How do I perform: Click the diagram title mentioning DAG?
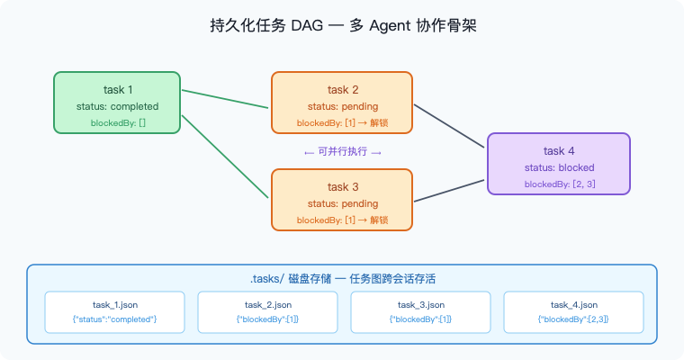pyautogui.click(x=342, y=26)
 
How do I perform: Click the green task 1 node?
pyautogui.click(x=117, y=105)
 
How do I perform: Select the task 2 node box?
pyautogui.click(x=342, y=105)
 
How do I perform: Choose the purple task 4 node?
pyautogui.click(x=558, y=164)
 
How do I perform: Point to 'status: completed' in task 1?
pyautogui.click(x=117, y=106)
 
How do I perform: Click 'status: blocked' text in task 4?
pyautogui.click(x=558, y=167)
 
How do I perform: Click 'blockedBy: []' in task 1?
pyautogui.click(x=117, y=122)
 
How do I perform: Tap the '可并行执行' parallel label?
pyautogui.click(x=342, y=152)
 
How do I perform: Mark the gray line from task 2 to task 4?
pyautogui.click(x=450, y=127)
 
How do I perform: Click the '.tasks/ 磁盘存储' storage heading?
pyautogui.click(x=342, y=279)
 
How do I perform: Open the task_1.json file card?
pyautogui.click(x=114, y=311)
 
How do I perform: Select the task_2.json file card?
pyautogui.click(x=267, y=311)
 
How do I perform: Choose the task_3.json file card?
pyautogui.click(x=420, y=311)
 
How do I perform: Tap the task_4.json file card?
pyautogui.click(x=573, y=311)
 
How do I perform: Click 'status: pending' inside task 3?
pyautogui.click(x=342, y=203)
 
